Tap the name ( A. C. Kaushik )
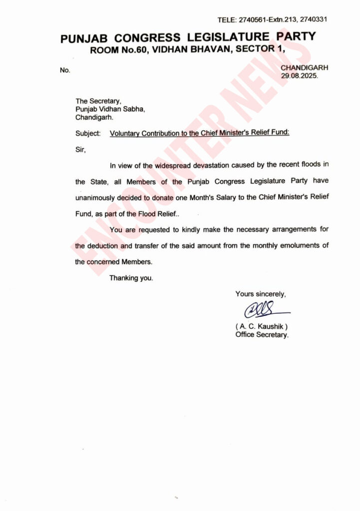pos(261,326)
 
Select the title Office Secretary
pos(262,335)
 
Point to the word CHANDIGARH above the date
pos(305,68)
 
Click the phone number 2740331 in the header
pos(313,19)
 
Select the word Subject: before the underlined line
pos(88,134)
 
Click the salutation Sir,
pos(80,149)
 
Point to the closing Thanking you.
pos(131,278)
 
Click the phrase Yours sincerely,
pos(261,294)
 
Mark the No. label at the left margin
pos(65,70)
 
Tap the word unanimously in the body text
pos(100,197)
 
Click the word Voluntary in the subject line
pos(125,134)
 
